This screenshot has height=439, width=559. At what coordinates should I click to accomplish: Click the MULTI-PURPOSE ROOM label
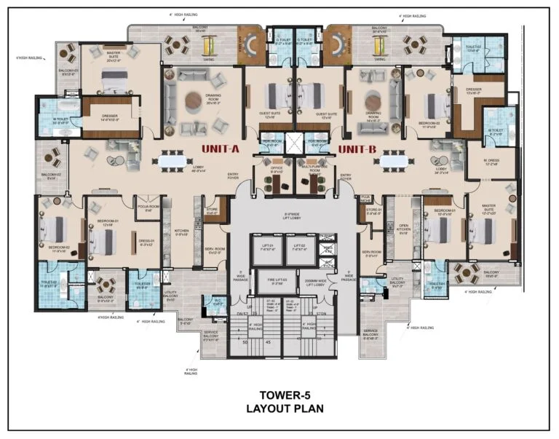pyautogui.click(x=315, y=172)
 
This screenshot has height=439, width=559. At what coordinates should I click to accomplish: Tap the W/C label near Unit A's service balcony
pyautogui.click(x=217, y=304)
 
